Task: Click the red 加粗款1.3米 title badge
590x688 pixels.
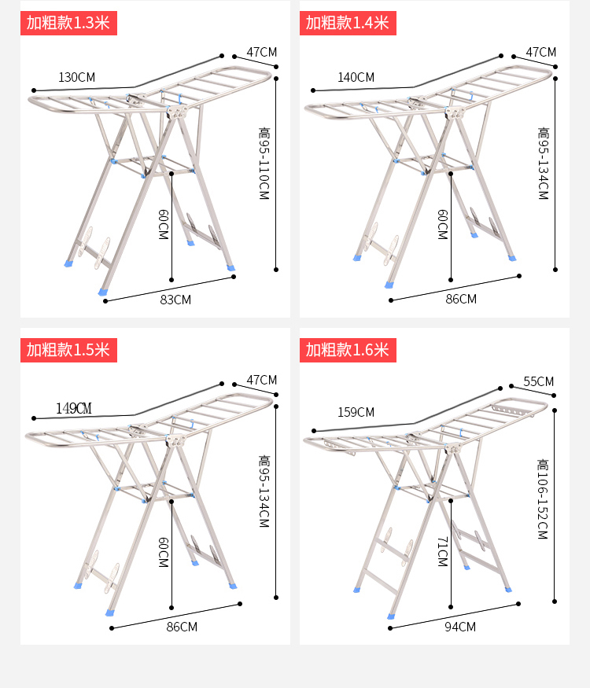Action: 68,23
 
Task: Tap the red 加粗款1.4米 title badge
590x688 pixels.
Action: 348,23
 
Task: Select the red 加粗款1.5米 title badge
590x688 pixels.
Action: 68,350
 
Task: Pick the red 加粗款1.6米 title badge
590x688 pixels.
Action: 348,350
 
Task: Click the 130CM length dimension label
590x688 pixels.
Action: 77,77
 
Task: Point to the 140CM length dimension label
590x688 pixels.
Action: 356,77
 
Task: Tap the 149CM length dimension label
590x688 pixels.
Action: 74,409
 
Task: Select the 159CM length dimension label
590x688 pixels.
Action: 356,412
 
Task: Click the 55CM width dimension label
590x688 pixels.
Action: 539,381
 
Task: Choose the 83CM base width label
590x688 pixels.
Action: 175,300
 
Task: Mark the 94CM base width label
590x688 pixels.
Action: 460,627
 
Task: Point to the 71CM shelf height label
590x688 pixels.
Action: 442,551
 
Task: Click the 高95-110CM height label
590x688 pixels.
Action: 264,164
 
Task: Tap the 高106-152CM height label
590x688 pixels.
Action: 543,499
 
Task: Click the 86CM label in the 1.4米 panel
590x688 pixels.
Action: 461,299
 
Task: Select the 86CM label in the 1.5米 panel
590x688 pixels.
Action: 182,627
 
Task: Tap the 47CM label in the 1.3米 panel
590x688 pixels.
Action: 262,52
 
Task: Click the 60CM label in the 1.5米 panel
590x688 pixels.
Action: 164,553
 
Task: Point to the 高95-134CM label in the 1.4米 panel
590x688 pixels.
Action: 544,164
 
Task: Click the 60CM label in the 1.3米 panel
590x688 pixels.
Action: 164,224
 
